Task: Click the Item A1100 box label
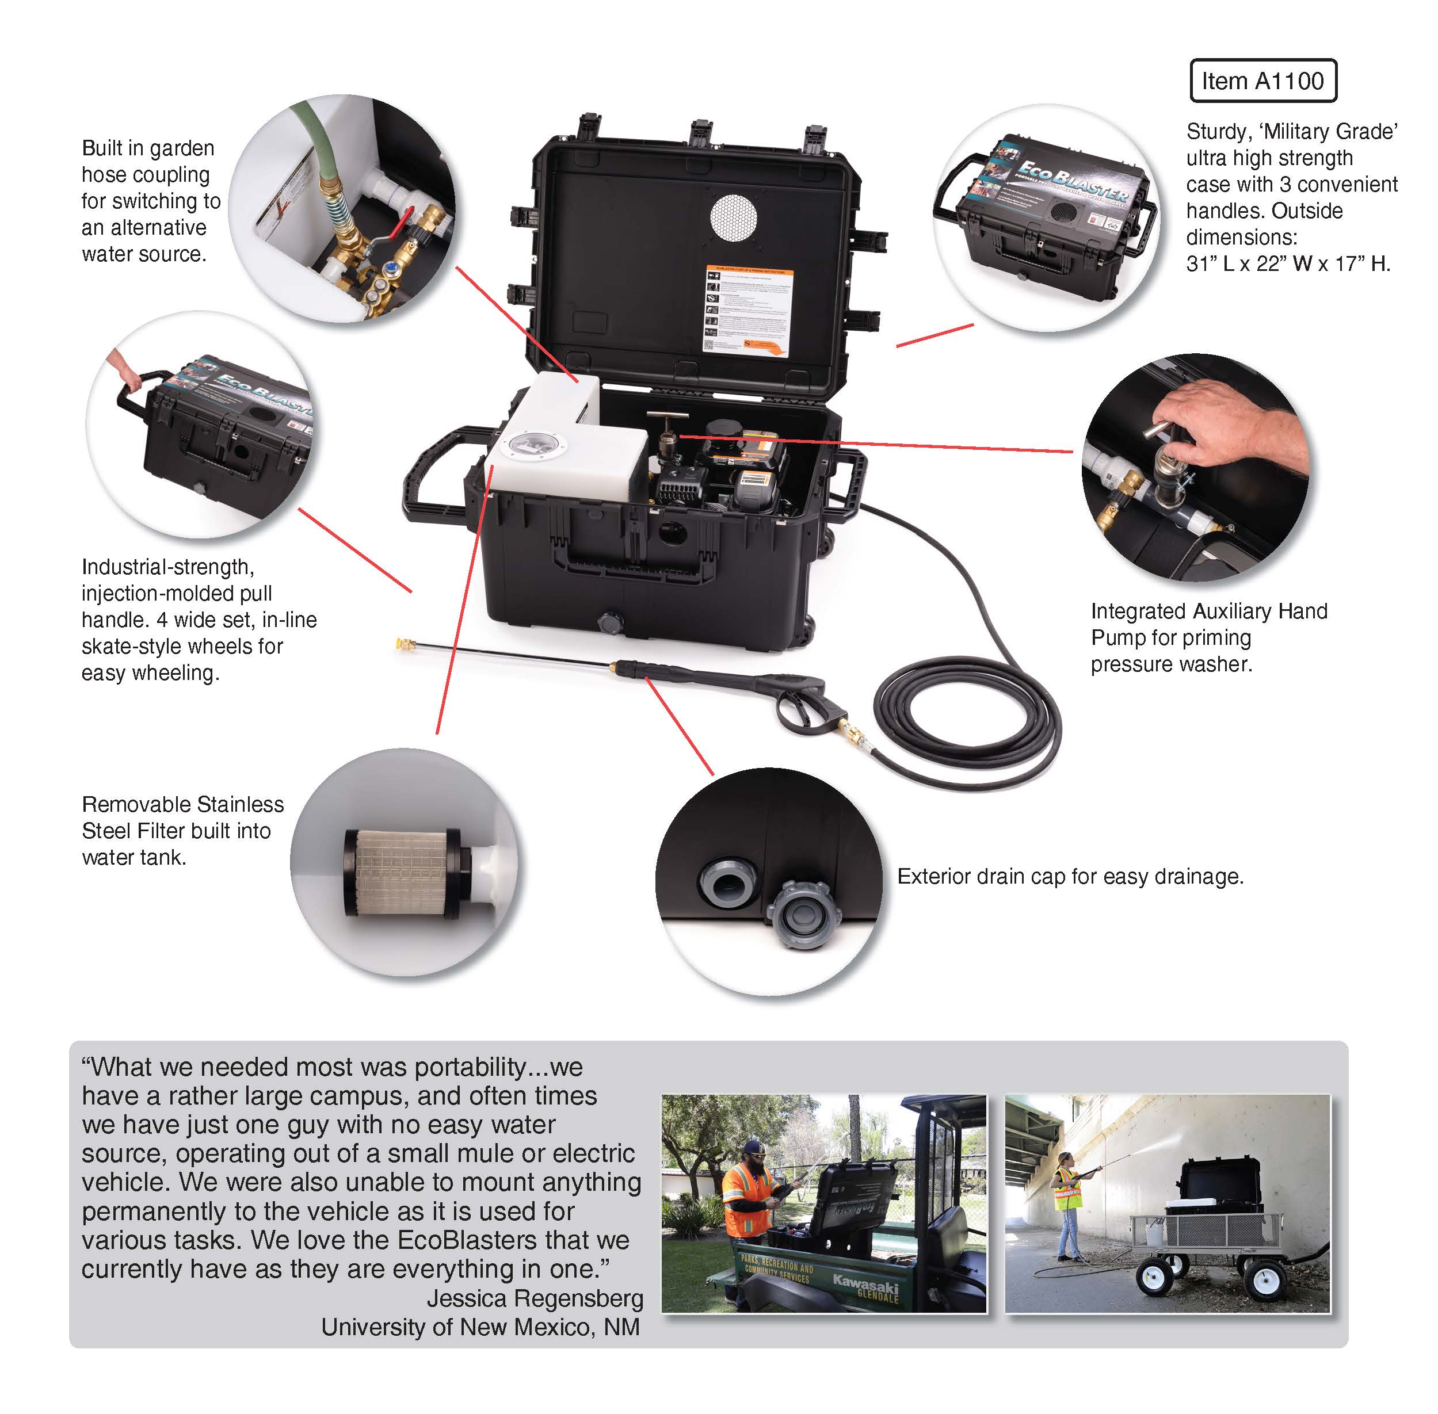coord(1262,81)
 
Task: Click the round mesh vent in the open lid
coord(733,217)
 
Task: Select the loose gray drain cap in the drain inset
coord(804,913)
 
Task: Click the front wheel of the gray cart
coord(1155,1277)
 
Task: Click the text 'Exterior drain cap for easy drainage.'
coord(1070,876)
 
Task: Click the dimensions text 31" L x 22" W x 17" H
coord(1287,263)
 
